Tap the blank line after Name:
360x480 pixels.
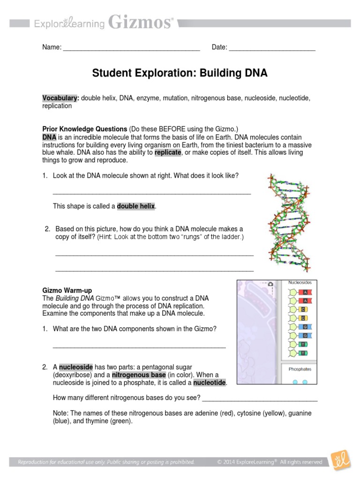[x=131, y=47]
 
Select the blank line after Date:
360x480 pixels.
[x=272, y=47]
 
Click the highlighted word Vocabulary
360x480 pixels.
[x=60, y=98]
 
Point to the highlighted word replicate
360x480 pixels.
[x=167, y=152]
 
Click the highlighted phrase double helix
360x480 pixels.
[x=136, y=206]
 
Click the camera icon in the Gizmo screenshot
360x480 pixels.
[x=270, y=284]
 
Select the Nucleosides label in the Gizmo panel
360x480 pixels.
[x=300, y=283]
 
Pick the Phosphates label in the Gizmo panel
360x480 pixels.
[x=300, y=369]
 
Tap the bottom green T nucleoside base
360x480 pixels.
[x=304, y=352]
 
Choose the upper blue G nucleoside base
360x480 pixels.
[x=305, y=327]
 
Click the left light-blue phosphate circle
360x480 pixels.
[x=295, y=382]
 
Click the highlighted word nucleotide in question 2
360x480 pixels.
[x=210, y=383]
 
